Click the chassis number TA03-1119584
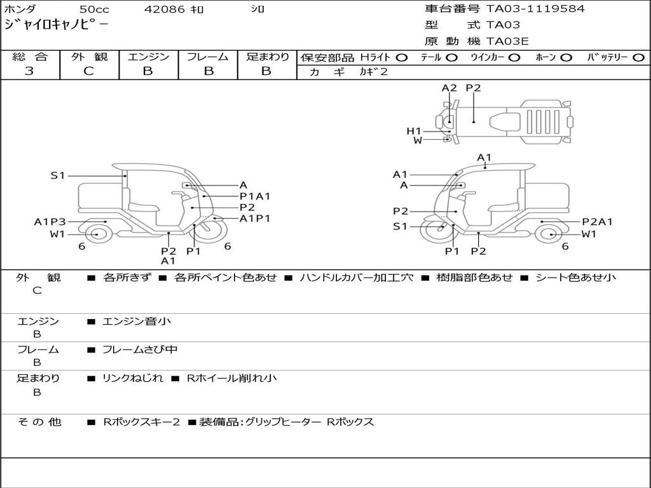coord(535,9)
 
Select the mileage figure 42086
coord(165,10)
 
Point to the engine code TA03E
coord(507,42)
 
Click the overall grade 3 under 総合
coord(29,71)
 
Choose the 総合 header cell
coord(30,57)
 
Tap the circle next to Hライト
coord(401,57)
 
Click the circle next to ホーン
coord(566,57)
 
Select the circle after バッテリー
coord(638,57)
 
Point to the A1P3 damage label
coord(50,222)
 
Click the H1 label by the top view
coord(414,131)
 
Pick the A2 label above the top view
coord(449,88)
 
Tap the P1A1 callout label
coord(255,196)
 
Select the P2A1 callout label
coord(597,222)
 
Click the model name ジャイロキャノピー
coord(56,25)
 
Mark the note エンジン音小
coord(137,322)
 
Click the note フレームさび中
coord(140,349)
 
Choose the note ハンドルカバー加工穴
coord(356,278)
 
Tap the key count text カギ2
coord(373,72)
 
